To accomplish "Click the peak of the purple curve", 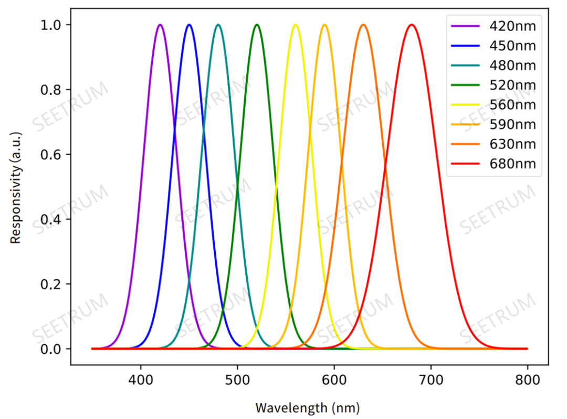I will (x=160, y=25).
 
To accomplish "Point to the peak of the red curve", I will (x=412, y=25).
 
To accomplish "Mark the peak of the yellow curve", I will (x=296, y=25).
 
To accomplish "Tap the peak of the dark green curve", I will (x=257, y=25).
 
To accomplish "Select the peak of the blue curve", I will (x=189, y=25).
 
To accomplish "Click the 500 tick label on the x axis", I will (x=237, y=379).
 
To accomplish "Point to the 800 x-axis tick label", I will (x=527, y=379).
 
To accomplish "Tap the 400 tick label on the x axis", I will (x=141, y=379).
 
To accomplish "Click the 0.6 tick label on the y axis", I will (x=50, y=155).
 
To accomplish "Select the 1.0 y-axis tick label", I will (x=50, y=25).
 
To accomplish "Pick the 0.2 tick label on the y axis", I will (x=50, y=284).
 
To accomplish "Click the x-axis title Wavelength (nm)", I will (x=308, y=407).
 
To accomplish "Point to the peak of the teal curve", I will (x=218, y=25).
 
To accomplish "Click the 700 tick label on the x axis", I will (x=430, y=379).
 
